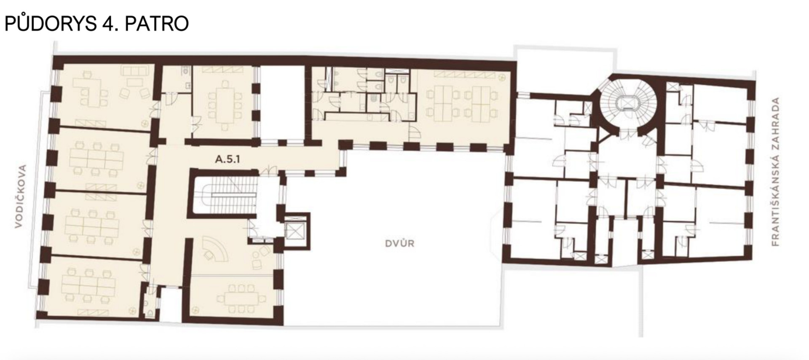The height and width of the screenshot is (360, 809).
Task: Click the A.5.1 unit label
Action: click(x=228, y=159)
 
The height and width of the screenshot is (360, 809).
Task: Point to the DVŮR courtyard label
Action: click(x=399, y=243)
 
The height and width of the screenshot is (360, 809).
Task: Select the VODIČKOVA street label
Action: click(x=20, y=196)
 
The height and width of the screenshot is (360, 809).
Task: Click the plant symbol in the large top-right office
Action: click(x=501, y=78)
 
